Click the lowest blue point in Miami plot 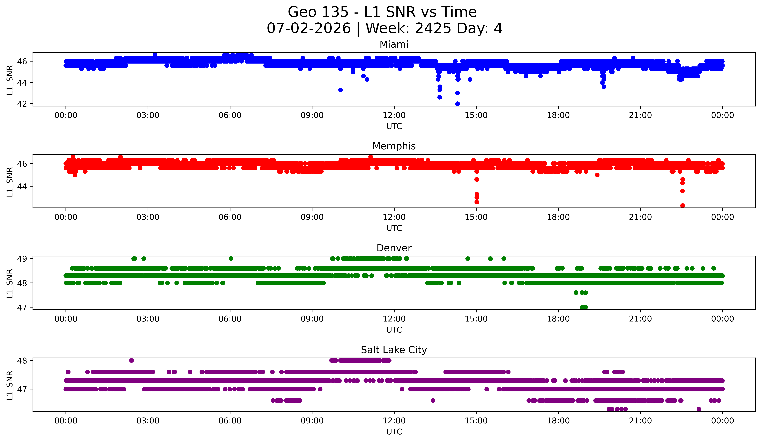[x=457, y=104]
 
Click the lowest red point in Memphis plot [x=682, y=205]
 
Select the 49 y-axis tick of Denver [x=22, y=259]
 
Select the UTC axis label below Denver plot [x=394, y=330]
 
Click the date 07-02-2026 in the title [x=309, y=28]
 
